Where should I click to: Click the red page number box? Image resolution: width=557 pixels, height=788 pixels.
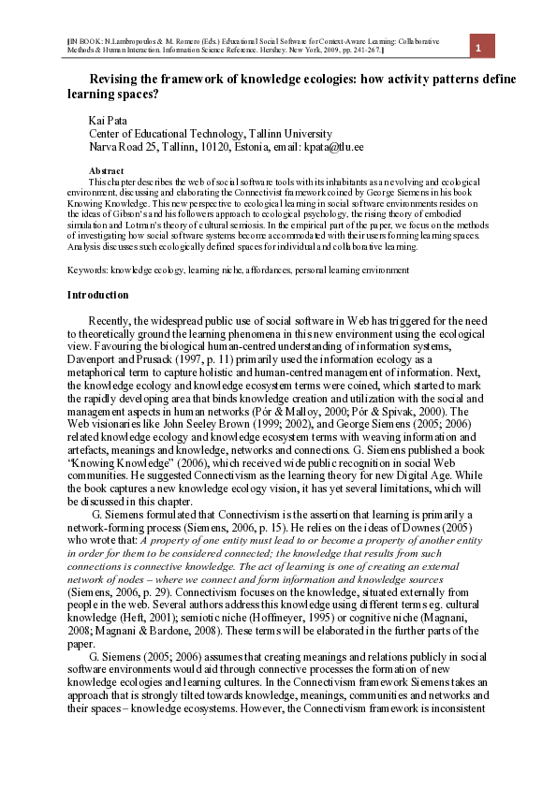click(x=478, y=49)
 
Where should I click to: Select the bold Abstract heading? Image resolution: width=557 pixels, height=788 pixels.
click(x=106, y=170)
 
